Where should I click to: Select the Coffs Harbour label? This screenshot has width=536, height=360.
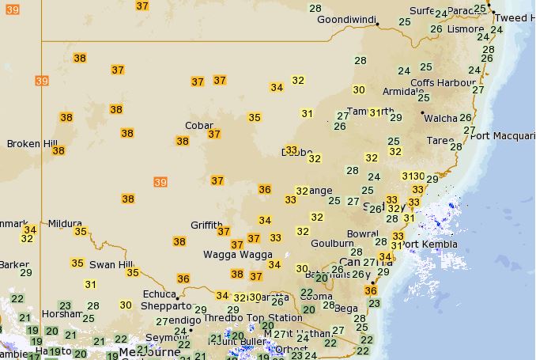[x=443, y=83]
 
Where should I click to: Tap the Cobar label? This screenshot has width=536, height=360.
[x=198, y=125]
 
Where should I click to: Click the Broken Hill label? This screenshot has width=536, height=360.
[x=32, y=143]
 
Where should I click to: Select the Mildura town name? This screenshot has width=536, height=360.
[x=65, y=224]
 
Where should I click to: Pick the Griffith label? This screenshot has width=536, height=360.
[x=206, y=225]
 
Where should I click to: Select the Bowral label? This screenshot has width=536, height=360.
[x=362, y=234]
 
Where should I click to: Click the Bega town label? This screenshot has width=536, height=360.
[x=346, y=308]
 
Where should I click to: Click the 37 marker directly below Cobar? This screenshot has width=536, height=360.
[x=214, y=134]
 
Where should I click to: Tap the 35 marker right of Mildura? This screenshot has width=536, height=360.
[x=81, y=231]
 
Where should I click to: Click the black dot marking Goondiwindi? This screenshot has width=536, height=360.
[x=378, y=25]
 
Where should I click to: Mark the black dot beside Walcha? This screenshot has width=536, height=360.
[x=423, y=113]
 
